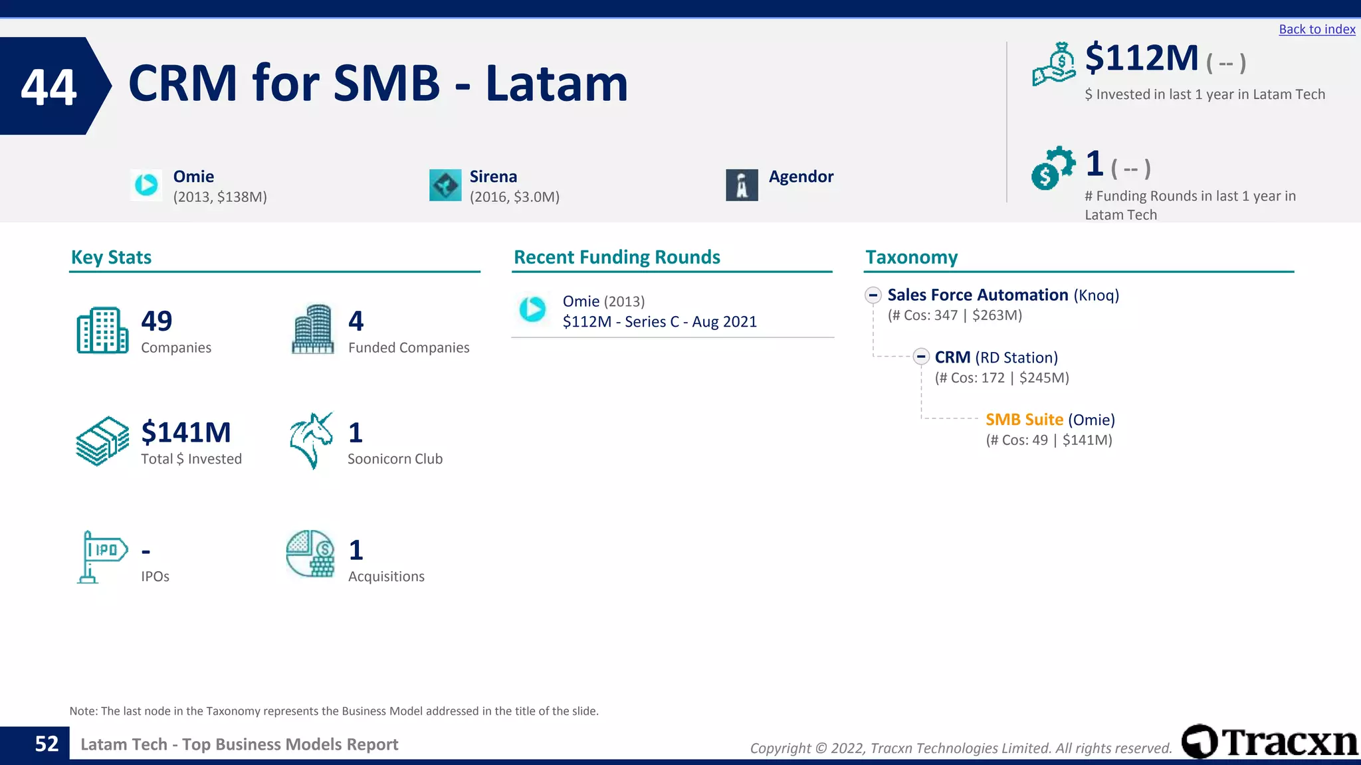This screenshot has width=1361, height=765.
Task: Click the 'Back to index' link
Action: (x=1316, y=29)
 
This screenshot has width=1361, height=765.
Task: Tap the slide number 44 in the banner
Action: (x=49, y=87)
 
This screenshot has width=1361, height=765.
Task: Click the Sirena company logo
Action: (x=445, y=185)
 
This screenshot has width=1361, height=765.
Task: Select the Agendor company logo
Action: (x=742, y=185)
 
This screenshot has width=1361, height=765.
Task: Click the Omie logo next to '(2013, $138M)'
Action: (x=146, y=185)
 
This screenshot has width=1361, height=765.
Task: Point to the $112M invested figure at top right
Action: (x=1141, y=58)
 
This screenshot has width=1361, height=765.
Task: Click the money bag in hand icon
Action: (x=1054, y=64)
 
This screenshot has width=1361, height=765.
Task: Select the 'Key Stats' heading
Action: (x=111, y=258)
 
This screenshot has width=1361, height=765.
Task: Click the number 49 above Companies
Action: (x=157, y=321)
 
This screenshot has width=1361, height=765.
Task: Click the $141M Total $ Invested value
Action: (x=186, y=433)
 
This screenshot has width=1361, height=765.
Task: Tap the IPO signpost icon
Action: (x=102, y=556)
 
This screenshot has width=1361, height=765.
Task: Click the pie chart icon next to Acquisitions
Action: (x=310, y=554)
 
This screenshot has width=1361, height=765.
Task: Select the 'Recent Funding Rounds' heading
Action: (x=617, y=258)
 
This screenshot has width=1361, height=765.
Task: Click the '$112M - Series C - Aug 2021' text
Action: (x=659, y=322)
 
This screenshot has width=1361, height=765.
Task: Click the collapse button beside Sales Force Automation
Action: (x=873, y=295)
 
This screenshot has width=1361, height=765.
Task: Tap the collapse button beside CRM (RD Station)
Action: (x=920, y=357)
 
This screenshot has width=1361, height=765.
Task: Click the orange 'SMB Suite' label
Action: (x=1024, y=420)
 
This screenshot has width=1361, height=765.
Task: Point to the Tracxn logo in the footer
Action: (x=1269, y=742)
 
